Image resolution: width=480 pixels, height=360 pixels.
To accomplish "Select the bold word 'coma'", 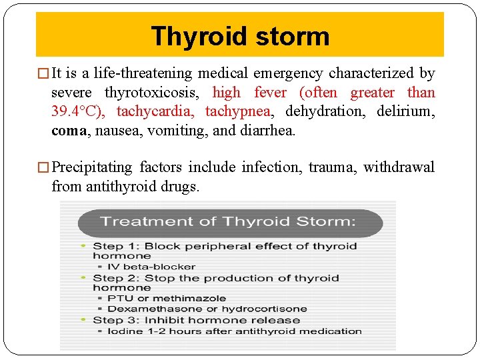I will click(69, 131).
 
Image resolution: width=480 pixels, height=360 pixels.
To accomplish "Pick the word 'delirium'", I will click(405, 111).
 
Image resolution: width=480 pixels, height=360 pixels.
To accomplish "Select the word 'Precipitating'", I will click(93, 167).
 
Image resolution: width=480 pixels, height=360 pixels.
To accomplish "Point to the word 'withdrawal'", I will click(399, 167).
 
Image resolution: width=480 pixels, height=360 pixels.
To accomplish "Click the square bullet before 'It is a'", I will click(45, 74).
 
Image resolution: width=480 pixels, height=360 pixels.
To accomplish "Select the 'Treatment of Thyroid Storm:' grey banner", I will click(228, 222).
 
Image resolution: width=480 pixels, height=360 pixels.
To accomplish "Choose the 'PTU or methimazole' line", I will click(166, 299).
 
